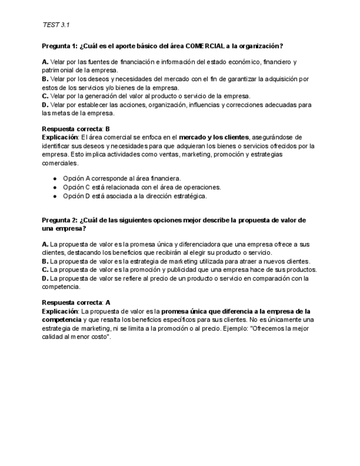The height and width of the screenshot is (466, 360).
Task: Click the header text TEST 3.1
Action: coord(56,25)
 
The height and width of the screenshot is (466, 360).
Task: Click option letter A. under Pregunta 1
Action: coord(45,62)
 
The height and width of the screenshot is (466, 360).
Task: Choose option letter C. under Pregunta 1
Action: coord(45,96)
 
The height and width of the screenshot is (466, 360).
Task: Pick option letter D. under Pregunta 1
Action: coord(45,104)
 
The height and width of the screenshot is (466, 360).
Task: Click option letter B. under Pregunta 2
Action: coord(45,262)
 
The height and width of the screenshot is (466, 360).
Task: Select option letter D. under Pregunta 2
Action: coord(45,279)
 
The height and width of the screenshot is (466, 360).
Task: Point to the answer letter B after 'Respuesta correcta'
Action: coord(108,129)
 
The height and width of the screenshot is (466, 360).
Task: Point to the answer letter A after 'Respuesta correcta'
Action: coord(108,303)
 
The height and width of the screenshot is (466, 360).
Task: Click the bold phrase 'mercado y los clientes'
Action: coord(214,137)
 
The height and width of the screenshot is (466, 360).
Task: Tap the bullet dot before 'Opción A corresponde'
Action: coord(55,179)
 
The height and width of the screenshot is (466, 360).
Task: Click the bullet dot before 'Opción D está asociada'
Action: coord(55,196)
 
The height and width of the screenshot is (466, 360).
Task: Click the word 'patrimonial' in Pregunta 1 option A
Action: coord(58,70)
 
